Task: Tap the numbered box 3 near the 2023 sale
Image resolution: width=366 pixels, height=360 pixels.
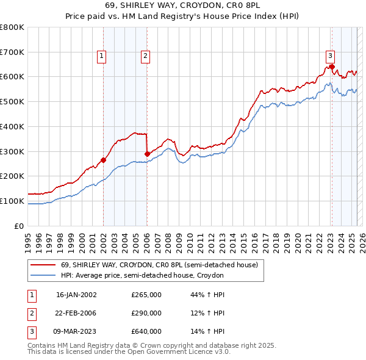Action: coord(330,54)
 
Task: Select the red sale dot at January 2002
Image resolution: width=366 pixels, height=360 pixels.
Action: coord(103,160)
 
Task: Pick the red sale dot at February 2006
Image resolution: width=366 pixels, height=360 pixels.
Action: coord(147,154)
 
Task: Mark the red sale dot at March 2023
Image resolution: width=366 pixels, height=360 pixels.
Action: coord(331,67)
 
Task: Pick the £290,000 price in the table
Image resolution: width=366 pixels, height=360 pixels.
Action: coord(146,313)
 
